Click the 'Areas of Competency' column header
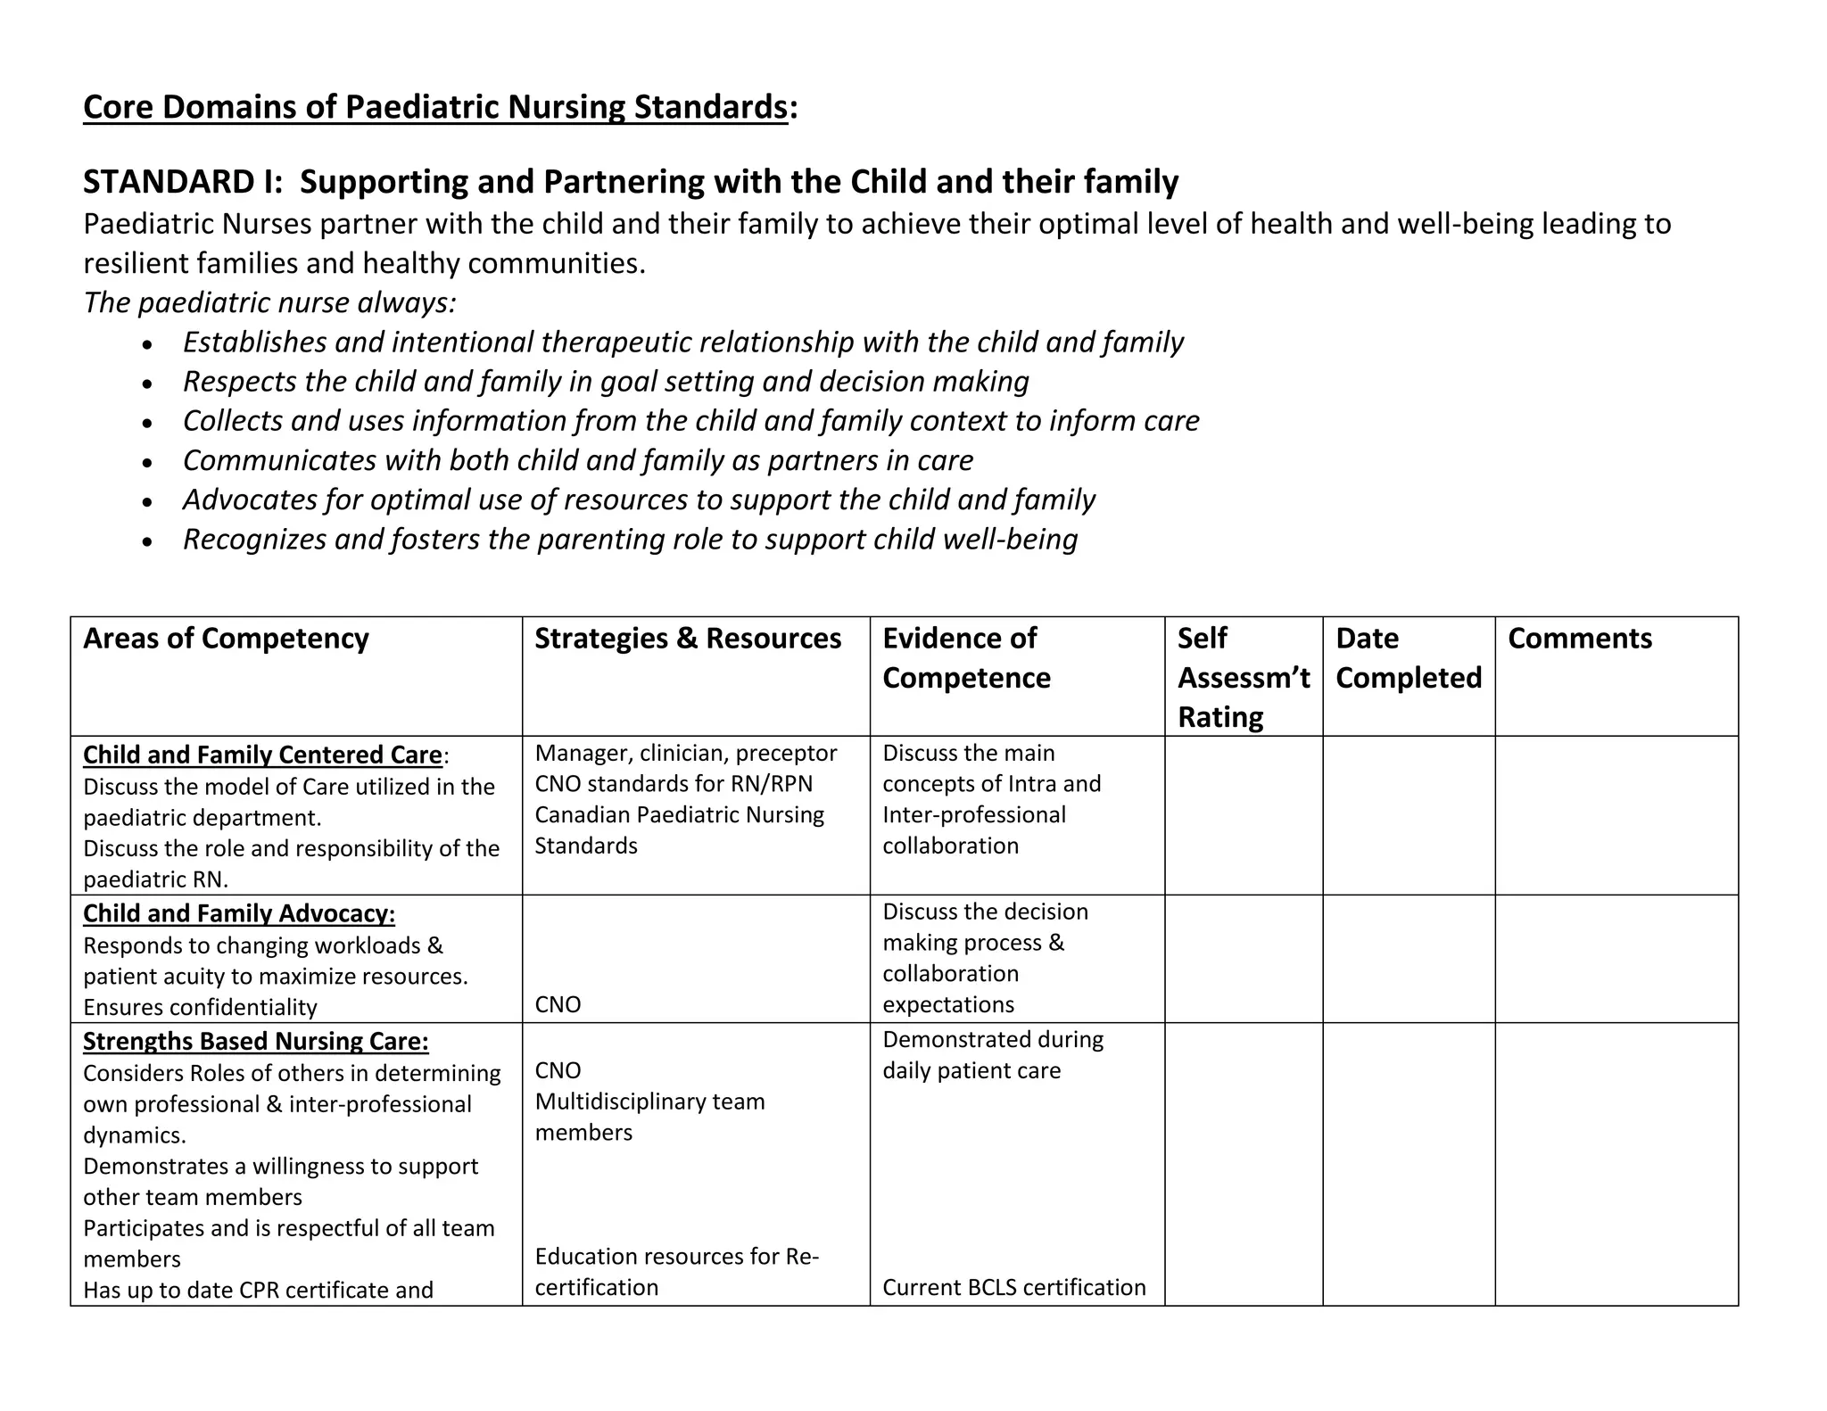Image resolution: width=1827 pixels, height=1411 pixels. [x=226, y=639]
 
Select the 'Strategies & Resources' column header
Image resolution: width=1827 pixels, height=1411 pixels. [x=687, y=639]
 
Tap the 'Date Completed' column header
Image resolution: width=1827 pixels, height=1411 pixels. [x=1408, y=658]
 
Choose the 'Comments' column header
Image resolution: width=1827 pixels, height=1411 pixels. [x=1579, y=639]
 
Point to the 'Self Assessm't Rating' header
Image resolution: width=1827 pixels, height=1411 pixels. [x=1243, y=678]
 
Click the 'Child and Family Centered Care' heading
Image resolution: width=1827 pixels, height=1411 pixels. [x=262, y=755]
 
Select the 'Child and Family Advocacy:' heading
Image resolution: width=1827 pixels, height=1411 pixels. [x=239, y=914]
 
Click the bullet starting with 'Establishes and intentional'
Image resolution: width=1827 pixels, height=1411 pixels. [x=682, y=342]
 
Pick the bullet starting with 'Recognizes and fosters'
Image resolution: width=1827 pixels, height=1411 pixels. [x=630, y=540]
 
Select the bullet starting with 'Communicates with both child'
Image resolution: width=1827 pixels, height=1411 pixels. [x=577, y=460]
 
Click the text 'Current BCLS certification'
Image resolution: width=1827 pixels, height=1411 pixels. [x=1013, y=1287]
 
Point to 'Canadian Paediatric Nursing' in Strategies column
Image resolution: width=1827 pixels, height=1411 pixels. [x=679, y=815]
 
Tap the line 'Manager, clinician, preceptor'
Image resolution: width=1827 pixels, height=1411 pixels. [x=685, y=754]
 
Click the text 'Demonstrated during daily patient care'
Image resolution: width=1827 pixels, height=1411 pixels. [x=992, y=1055]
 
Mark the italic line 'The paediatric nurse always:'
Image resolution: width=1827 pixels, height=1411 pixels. [x=269, y=303]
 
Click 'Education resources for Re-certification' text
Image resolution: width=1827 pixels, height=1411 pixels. [x=675, y=1272]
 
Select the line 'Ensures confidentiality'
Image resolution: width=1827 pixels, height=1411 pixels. [x=200, y=1008]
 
